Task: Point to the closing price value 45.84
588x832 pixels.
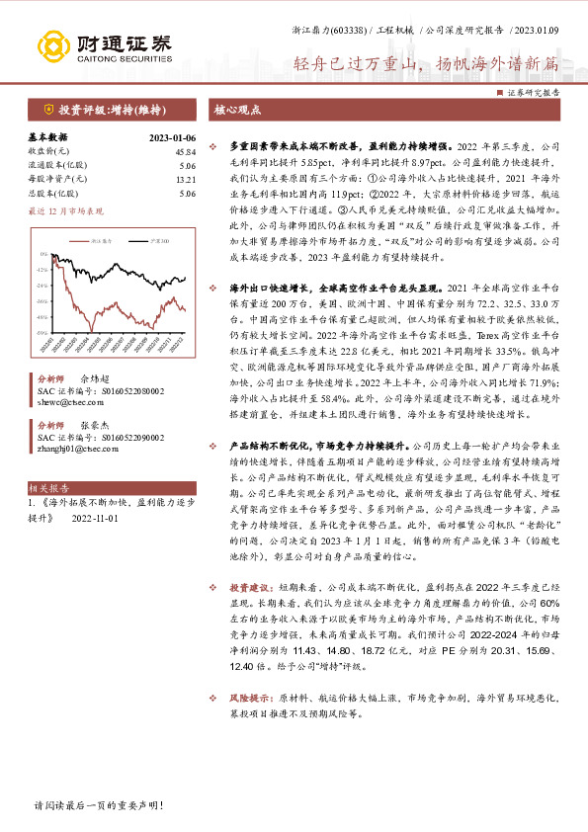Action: point(184,151)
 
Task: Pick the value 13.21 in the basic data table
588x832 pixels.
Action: point(185,180)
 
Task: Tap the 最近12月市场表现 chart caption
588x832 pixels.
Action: point(65,210)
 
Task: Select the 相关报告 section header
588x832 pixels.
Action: point(49,488)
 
